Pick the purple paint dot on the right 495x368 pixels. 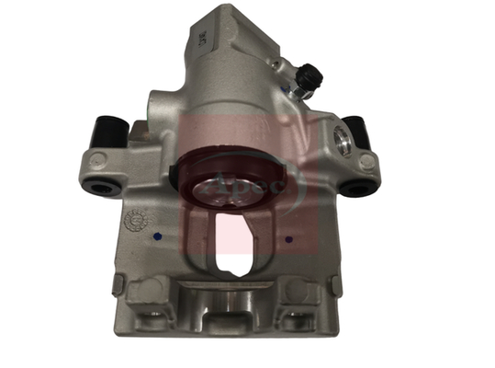tap(292, 236)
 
